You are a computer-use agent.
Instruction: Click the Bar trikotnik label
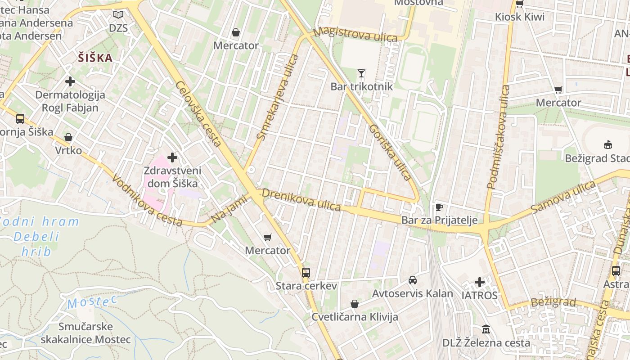pyautogui.click(x=362, y=86)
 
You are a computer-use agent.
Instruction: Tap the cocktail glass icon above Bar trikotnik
pyautogui.click(x=361, y=73)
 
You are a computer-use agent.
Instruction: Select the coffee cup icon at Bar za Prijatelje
pyautogui.click(x=439, y=207)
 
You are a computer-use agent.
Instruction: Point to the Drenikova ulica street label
pyautogui.click(x=301, y=200)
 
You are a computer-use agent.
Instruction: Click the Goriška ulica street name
pyautogui.click(x=390, y=153)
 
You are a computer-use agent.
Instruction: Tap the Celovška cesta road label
pyautogui.click(x=198, y=114)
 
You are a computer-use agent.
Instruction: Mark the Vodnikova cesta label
pyautogui.click(x=147, y=201)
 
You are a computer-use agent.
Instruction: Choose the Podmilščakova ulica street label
pyautogui.click(x=498, y=136)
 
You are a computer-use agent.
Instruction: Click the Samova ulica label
pyautogui.click(x=563, y=198)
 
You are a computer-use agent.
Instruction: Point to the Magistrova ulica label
pyautogui.click(x=356, y=34)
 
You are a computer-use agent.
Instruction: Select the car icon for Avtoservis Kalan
pyautogui.click(x=412, y=280)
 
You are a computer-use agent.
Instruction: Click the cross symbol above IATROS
pyautogui.click(x=480, y=282)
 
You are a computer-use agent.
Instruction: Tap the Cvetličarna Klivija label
pyautogui.click(x=355, y=317)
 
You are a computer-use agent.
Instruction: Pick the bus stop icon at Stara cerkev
pyautogui.click(x=306, y=272)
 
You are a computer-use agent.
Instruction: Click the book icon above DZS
pyautogui.click(x=118, y=15)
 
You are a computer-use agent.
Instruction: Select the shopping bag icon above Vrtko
pyautogui.click(x=68, y=137)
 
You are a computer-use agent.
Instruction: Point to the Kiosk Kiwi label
pyautogui.click(x=520, y=17)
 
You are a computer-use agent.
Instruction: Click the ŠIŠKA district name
pyautogui.click(x=95, y=58)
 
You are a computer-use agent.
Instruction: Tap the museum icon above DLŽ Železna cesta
pyautogui.click(x=486, y=329)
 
